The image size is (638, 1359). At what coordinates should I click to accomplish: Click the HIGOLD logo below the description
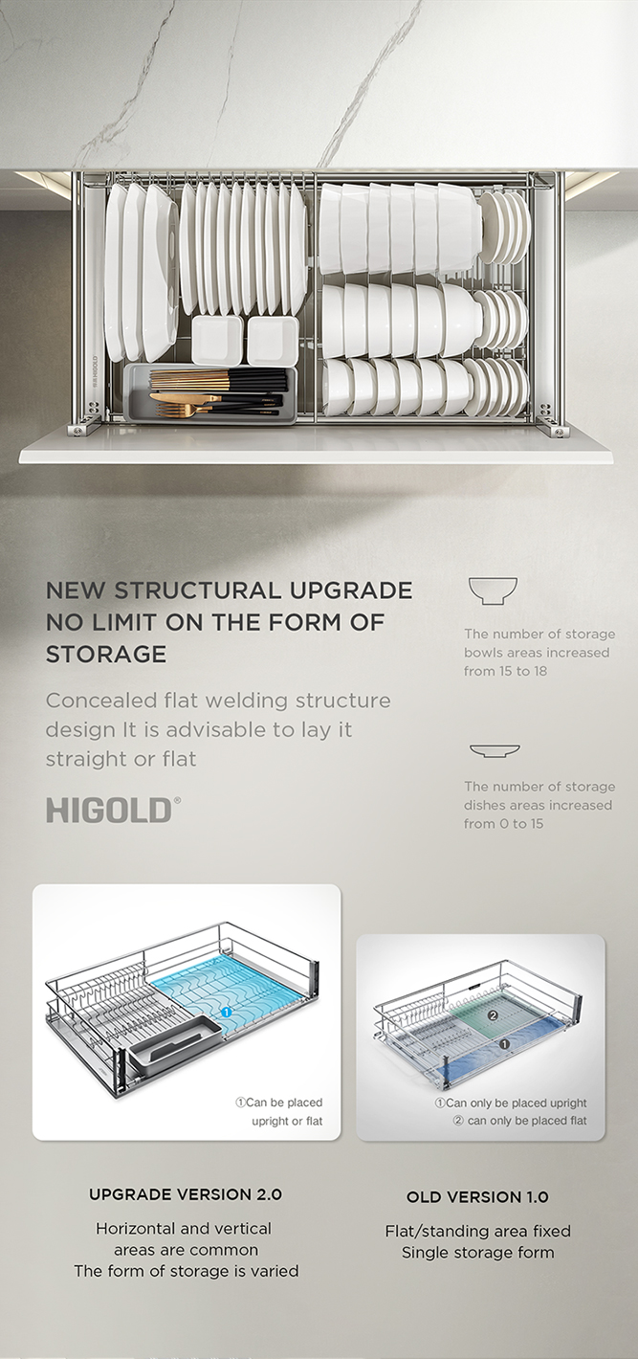coord(114,810)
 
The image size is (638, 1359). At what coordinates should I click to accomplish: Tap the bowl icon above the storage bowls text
coord(493,590)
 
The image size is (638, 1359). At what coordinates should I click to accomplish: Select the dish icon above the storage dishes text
coord(495,751)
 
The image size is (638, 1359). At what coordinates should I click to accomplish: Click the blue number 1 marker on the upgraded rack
coord(226,1012)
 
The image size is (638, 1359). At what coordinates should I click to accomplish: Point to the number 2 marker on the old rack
coord(493,1015)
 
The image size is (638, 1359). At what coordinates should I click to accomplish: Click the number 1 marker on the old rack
coord(504,1044)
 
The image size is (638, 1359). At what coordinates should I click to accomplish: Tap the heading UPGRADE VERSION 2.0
coord(186,1194)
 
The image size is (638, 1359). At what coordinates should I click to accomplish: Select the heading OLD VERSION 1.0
coord(477,1197)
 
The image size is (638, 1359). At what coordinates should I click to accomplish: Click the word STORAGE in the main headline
coord(106,654)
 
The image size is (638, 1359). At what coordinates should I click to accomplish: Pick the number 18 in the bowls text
coord(539,671)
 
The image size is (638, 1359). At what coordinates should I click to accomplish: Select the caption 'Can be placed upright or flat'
coord(279,1111)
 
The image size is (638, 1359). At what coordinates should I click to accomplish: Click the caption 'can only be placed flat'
coord(519,1121)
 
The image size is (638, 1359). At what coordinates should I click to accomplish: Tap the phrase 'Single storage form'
coord(478,1252)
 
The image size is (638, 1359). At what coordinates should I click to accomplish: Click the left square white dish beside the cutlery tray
coord(217,341)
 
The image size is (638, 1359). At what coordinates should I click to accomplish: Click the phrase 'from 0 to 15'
coord(503,823)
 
